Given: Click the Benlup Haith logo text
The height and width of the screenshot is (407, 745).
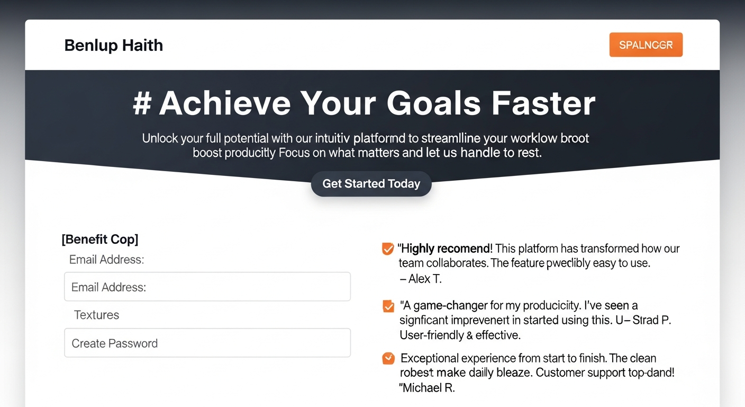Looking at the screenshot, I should coord(113,46).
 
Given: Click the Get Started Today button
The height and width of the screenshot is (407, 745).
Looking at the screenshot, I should coord(371,184).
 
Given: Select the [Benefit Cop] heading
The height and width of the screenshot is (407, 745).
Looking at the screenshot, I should coord(100,239).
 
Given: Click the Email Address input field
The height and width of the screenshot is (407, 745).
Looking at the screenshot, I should coord(207,287).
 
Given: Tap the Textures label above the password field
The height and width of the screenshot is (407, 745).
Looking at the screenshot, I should coord(96,315).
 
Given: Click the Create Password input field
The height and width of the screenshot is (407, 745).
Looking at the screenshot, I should coord(207,343).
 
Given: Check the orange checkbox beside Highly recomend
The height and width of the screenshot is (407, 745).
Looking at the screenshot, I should coord(388,249).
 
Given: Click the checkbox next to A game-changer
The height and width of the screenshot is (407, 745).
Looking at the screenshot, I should coord(388,306).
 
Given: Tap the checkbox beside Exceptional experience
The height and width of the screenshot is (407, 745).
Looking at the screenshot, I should coord(388,359).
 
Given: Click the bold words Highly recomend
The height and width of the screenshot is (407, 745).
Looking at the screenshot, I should coord(446,249).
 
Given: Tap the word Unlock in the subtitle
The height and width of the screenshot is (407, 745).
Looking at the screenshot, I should coord(160,139).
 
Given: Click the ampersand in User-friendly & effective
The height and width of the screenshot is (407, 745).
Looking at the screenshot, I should coord(469,335).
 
